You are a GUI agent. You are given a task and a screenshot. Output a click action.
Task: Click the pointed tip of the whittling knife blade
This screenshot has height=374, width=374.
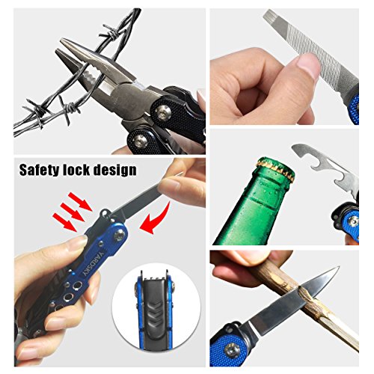click(x=338, y=267)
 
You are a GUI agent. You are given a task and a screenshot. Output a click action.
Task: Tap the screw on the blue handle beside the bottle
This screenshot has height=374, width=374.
click(x=353, y=220)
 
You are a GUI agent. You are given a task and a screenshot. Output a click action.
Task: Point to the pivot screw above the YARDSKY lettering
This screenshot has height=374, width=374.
click(x=120, y=234)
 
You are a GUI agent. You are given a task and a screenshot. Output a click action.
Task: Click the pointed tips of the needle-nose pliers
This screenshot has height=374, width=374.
click(x=60, y=45)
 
